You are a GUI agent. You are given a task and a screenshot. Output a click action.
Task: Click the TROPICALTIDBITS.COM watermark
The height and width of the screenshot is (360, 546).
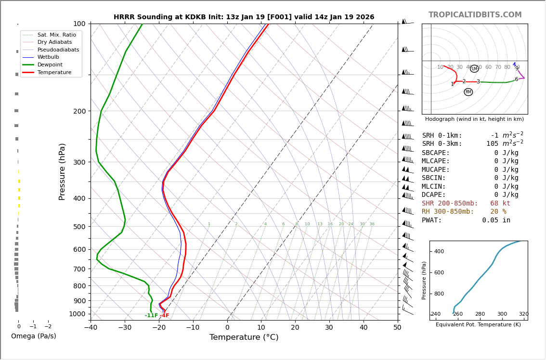475,15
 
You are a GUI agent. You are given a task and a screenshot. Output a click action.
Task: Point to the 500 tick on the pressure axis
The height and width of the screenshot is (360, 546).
79,227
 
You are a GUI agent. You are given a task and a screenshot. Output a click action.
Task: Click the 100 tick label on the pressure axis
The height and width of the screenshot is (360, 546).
79,24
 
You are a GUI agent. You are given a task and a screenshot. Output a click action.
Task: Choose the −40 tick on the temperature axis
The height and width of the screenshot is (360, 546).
91,328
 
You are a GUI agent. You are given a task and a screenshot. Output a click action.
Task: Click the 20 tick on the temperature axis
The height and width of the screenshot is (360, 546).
295,328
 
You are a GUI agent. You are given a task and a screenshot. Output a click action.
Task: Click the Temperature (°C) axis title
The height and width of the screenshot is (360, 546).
244,337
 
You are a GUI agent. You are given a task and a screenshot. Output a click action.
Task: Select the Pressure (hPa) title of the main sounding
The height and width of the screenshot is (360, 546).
62,171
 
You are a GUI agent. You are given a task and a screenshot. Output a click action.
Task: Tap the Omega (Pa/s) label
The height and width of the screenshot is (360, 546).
33,336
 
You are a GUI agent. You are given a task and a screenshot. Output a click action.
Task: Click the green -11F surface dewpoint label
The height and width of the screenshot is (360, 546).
151,316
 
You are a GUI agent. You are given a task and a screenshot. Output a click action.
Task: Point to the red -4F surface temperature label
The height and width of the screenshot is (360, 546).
164,316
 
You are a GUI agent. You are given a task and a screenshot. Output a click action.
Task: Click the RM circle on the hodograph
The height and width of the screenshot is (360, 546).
468,92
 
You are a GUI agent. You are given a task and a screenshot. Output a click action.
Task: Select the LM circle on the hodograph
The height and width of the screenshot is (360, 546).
474,69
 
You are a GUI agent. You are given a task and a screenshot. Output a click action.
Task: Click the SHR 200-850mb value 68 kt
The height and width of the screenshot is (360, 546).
500,204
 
